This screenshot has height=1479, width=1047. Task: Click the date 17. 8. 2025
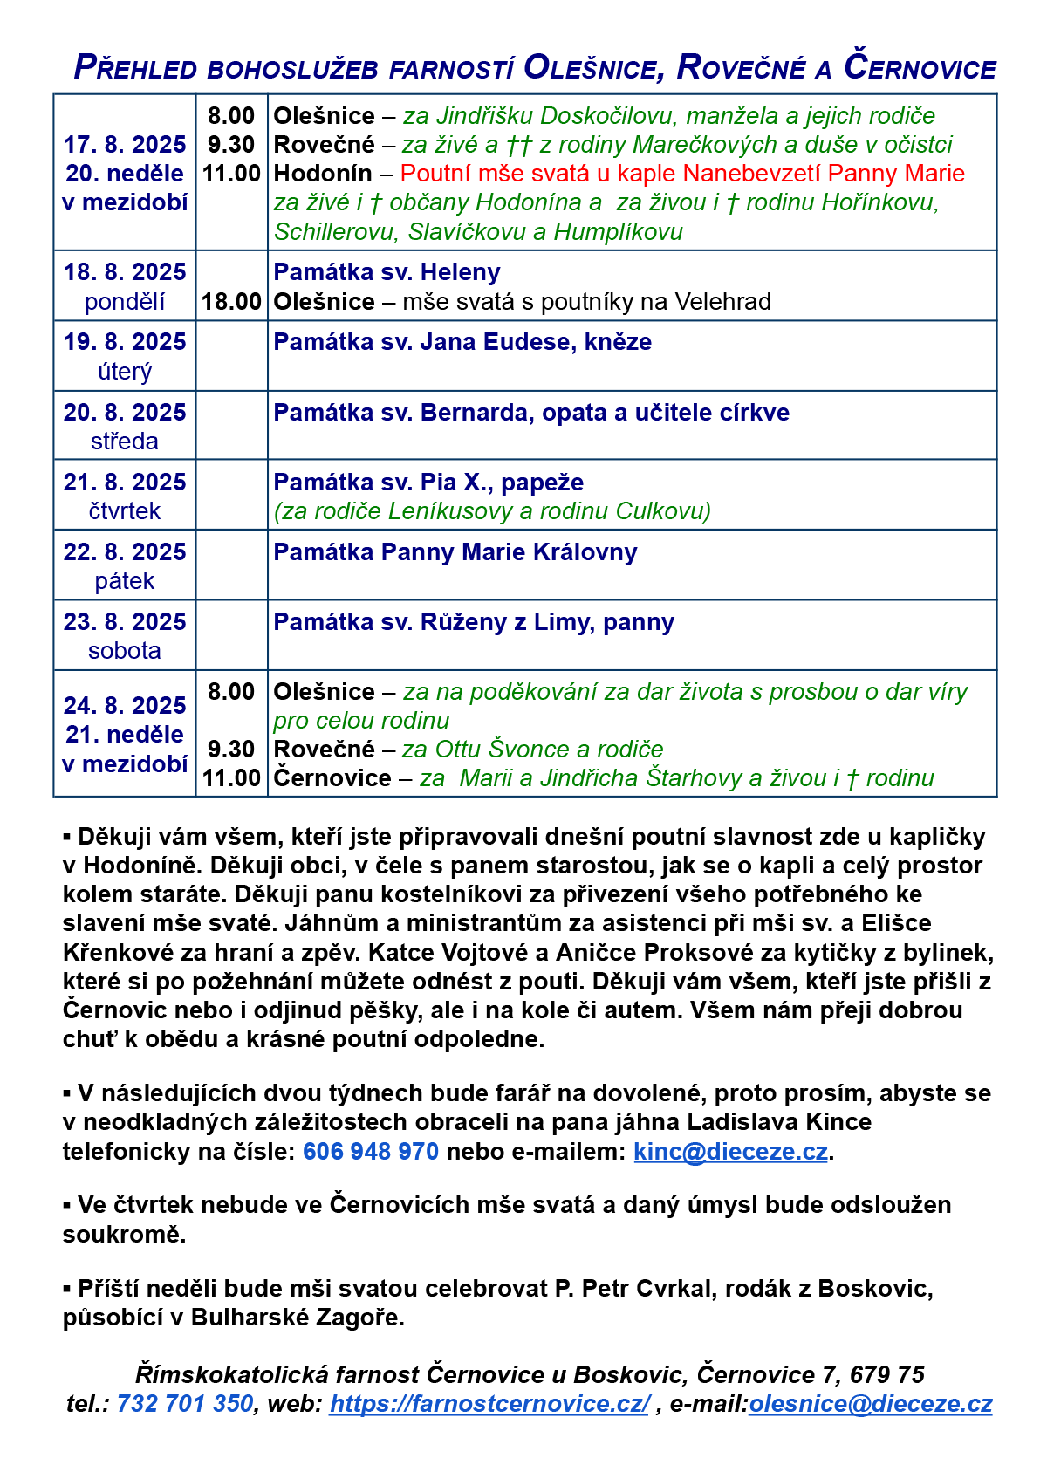[125, 145]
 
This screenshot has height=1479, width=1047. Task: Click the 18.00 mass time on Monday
[231, 302]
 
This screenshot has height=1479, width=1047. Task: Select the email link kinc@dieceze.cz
[730, 1152]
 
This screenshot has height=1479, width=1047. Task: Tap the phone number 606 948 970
[371, 1152]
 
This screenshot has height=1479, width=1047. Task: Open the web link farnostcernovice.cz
[489, 1404]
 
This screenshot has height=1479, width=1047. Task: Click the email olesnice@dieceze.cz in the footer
[870, 1404]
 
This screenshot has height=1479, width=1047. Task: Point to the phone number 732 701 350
[185, 1404]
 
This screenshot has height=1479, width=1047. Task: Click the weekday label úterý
[125, 372]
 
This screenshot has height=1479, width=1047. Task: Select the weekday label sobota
[125, 651]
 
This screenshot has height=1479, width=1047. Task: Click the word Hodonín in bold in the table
[323, 174]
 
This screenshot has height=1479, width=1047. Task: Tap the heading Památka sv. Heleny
[387, 272]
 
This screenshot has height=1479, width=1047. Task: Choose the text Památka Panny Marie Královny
[455, 552]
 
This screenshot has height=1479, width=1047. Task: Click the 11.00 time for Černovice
[231, 778]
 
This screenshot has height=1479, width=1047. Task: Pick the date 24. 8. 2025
[125, 705]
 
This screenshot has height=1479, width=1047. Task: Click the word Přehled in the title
[135, 67]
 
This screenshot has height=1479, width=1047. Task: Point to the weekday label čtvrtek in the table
[125, 511]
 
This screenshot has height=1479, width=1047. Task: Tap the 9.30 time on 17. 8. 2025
[231, 145]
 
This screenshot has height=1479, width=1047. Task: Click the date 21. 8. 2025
[125, 483]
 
